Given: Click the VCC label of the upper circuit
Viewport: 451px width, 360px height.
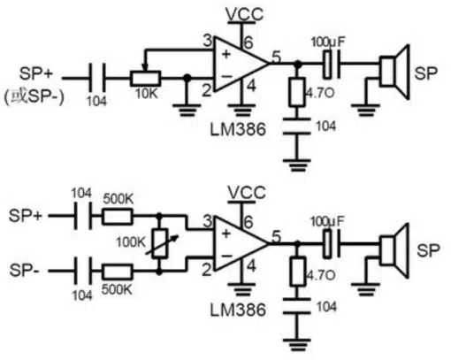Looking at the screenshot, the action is coord(244,14).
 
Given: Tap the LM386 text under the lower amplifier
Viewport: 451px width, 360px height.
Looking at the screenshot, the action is coord(238,310).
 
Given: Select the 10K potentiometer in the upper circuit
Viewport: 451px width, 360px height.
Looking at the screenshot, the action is coord(145,79).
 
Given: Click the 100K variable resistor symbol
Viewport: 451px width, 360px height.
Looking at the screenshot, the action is coord(160,244).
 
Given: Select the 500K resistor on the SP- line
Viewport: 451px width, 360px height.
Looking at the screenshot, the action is coord(118,272).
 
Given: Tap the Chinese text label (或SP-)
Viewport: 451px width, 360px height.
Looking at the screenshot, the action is coord(34,96).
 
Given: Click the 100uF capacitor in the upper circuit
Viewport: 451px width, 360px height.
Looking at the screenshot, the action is coord(332,65).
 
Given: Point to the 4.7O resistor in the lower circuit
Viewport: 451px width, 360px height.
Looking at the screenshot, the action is coord(297,271).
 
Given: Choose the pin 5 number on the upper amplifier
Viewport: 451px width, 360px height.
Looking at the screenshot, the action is coord(276,57).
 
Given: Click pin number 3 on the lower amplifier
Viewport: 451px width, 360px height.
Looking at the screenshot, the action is coord(208,221).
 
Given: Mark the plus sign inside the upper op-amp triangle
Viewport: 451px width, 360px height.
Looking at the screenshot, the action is coord(226,54).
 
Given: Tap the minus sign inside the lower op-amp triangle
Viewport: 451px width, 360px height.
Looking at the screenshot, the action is coord(226,256).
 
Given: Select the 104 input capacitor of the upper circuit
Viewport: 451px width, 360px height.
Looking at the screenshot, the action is coord(97,79).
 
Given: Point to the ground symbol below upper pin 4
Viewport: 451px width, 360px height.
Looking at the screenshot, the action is coord(241,111).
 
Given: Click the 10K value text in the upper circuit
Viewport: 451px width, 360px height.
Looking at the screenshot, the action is coord(147,94).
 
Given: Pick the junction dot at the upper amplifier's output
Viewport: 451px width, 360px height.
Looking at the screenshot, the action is coord(298,64).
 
